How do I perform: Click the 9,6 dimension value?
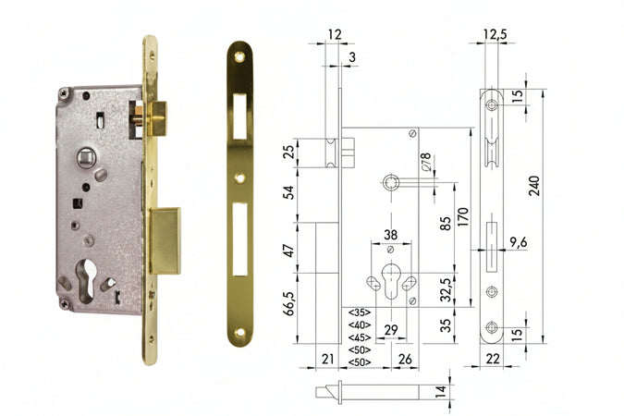(x=518, y=243)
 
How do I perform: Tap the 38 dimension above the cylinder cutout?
(x=391, y=235)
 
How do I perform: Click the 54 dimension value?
(x=289, y=192)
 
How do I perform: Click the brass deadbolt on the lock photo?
(x=165, y=240)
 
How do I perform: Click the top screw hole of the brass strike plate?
(x=239, y=56)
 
